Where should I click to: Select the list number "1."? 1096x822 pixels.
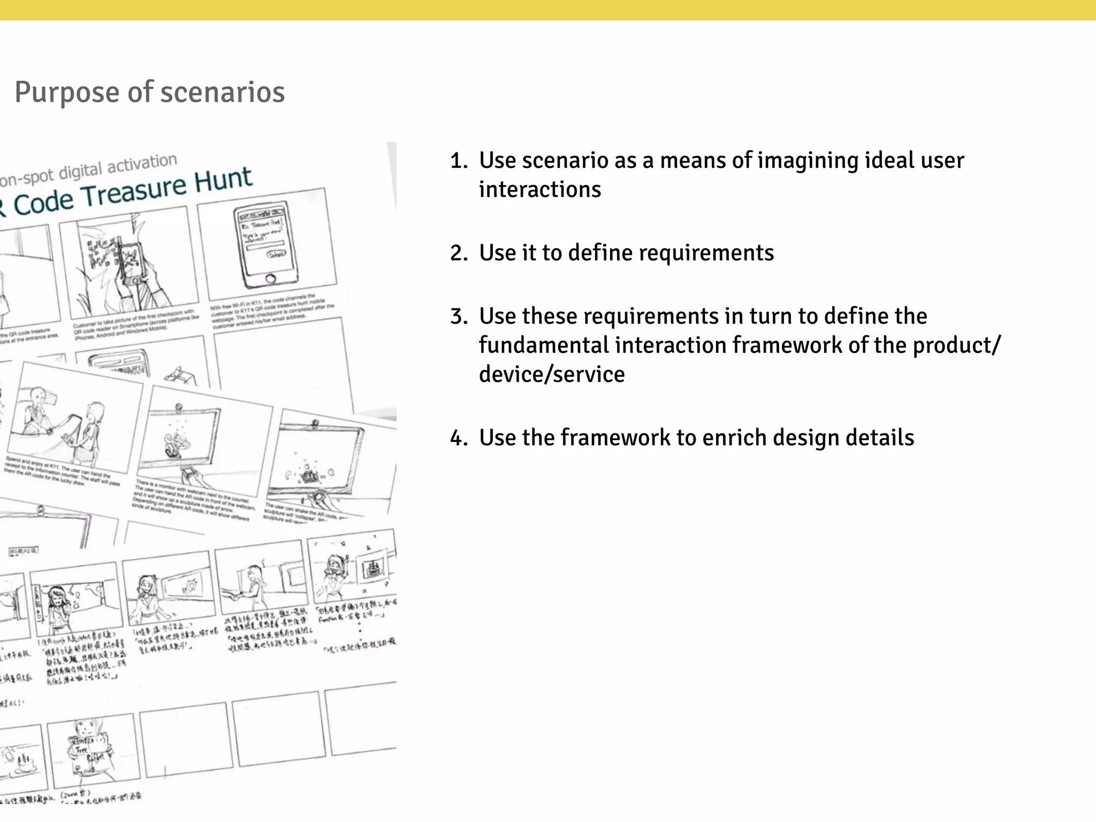pos(459,161)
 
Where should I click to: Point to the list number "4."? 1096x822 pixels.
pos(459,438)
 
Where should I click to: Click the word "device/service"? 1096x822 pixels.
pos(551,374)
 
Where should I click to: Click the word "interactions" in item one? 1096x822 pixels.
pos(539,189)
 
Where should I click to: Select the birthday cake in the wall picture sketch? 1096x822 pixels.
pos(373,567)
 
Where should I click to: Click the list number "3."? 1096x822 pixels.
pos(459,316)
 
